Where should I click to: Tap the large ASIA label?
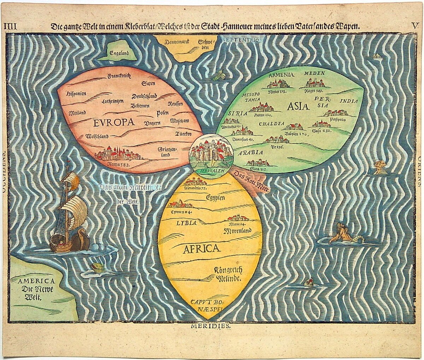pyautogui.click(x=298, y=106)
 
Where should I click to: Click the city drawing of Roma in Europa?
pyautogui.click(x=117, y=154)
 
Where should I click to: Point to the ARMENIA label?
pyautogui.click(x=281, y=75)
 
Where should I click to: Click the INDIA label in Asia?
pyautogui.click(x=349, y=101)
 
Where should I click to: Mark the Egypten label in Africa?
pyautogui.click(x=215, y=198)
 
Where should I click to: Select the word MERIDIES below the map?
pyautogui.click(x=211, y=326)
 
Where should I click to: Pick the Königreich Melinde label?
pyautogui.click(x=228, y=274)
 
